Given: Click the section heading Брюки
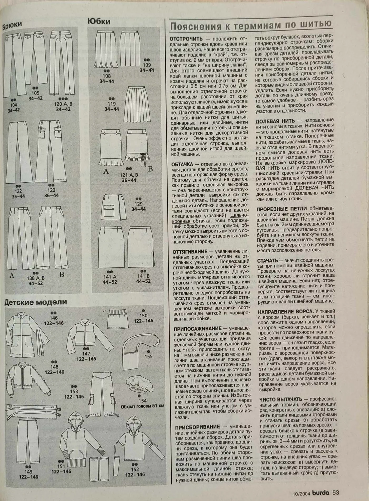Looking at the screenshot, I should (x=12, y=26).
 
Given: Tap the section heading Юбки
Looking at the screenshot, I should (x=99, y=21).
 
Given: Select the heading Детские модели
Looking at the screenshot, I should (x=36, y=302).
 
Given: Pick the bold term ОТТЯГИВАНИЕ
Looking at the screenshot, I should (x=190, y=252).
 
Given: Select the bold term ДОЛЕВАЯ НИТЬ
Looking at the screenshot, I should (x=275, y=121).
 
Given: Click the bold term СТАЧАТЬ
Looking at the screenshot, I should (x=268, y=261).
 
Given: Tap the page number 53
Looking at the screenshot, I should (x=336, y=492).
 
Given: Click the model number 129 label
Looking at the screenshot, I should (x=138, y=204).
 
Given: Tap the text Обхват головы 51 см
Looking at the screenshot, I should (x=142, y=406).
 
